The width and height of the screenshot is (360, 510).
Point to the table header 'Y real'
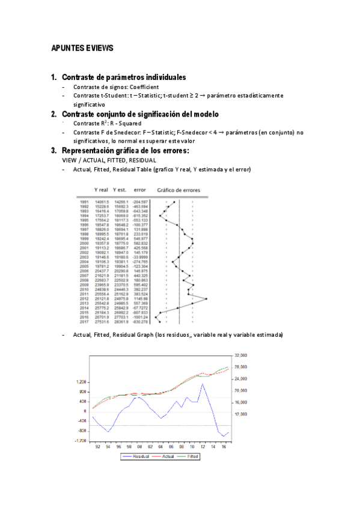[x=101, y=190]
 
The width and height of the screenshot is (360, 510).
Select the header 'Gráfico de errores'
[x=180, y=190]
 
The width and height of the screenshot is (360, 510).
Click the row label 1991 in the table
[x=84, y=203]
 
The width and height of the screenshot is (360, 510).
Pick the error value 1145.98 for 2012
[x=141, y=298]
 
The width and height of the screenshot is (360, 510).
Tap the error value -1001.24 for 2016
[x=139, y=317]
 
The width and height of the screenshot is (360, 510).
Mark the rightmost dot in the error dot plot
[x=206, y=298]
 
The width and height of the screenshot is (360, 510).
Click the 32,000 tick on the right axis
[x=241, y=355]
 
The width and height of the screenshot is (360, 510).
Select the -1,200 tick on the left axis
[x=80, y=441]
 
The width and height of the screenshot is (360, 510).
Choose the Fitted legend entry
[x=191, y=456]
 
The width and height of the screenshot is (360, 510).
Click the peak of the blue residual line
[x=202, y=384]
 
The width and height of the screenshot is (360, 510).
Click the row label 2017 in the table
[x=84, y=322]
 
